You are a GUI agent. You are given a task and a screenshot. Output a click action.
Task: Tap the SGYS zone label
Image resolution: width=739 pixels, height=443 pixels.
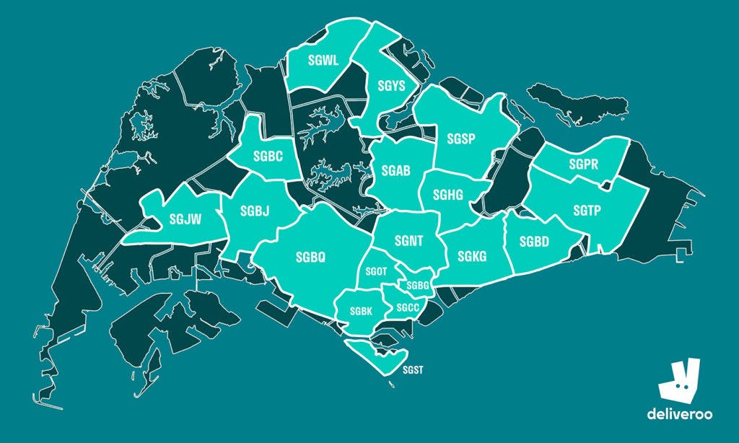pyautogui.click(x=391, y=87)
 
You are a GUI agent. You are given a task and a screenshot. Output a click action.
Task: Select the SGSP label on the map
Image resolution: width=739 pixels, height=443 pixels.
pyautogui.click(x=460, y=139)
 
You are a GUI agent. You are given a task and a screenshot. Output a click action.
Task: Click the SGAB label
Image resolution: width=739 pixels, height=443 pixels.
pyautogui.click(x=395, y=171)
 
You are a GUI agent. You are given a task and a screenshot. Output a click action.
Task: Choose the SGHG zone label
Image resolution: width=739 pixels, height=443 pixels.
pyautogui.click(x=448, y=195)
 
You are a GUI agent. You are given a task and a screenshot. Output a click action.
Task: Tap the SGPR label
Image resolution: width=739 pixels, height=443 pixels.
pyautogui.click(x=583, y=165)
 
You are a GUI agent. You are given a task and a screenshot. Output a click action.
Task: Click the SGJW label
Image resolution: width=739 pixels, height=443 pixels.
pyautogui.click(x=185, y=219)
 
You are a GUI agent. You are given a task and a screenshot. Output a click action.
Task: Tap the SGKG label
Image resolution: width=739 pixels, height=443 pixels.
pyautogui.click(x=472, y=255)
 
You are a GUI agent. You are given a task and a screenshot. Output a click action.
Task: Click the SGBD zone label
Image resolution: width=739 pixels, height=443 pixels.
pyautogui.click(x=534, y=242)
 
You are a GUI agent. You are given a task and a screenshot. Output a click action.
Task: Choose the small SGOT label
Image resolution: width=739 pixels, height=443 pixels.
pyautogui.click(x=377, y=271)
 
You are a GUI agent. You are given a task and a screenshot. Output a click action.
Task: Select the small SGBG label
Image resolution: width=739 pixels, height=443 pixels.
pyautogui.click(x=418, y=286)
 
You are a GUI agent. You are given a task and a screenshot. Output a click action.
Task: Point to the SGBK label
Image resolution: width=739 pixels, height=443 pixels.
pyautogui.click(x=361, y=311)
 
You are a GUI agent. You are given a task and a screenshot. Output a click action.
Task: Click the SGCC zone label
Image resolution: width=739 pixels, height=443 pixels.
pyautogui.click(x=408, y=307)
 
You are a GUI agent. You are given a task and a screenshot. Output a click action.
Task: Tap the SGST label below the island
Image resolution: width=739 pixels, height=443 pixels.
pyautogui.click(x=414, y=371)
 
